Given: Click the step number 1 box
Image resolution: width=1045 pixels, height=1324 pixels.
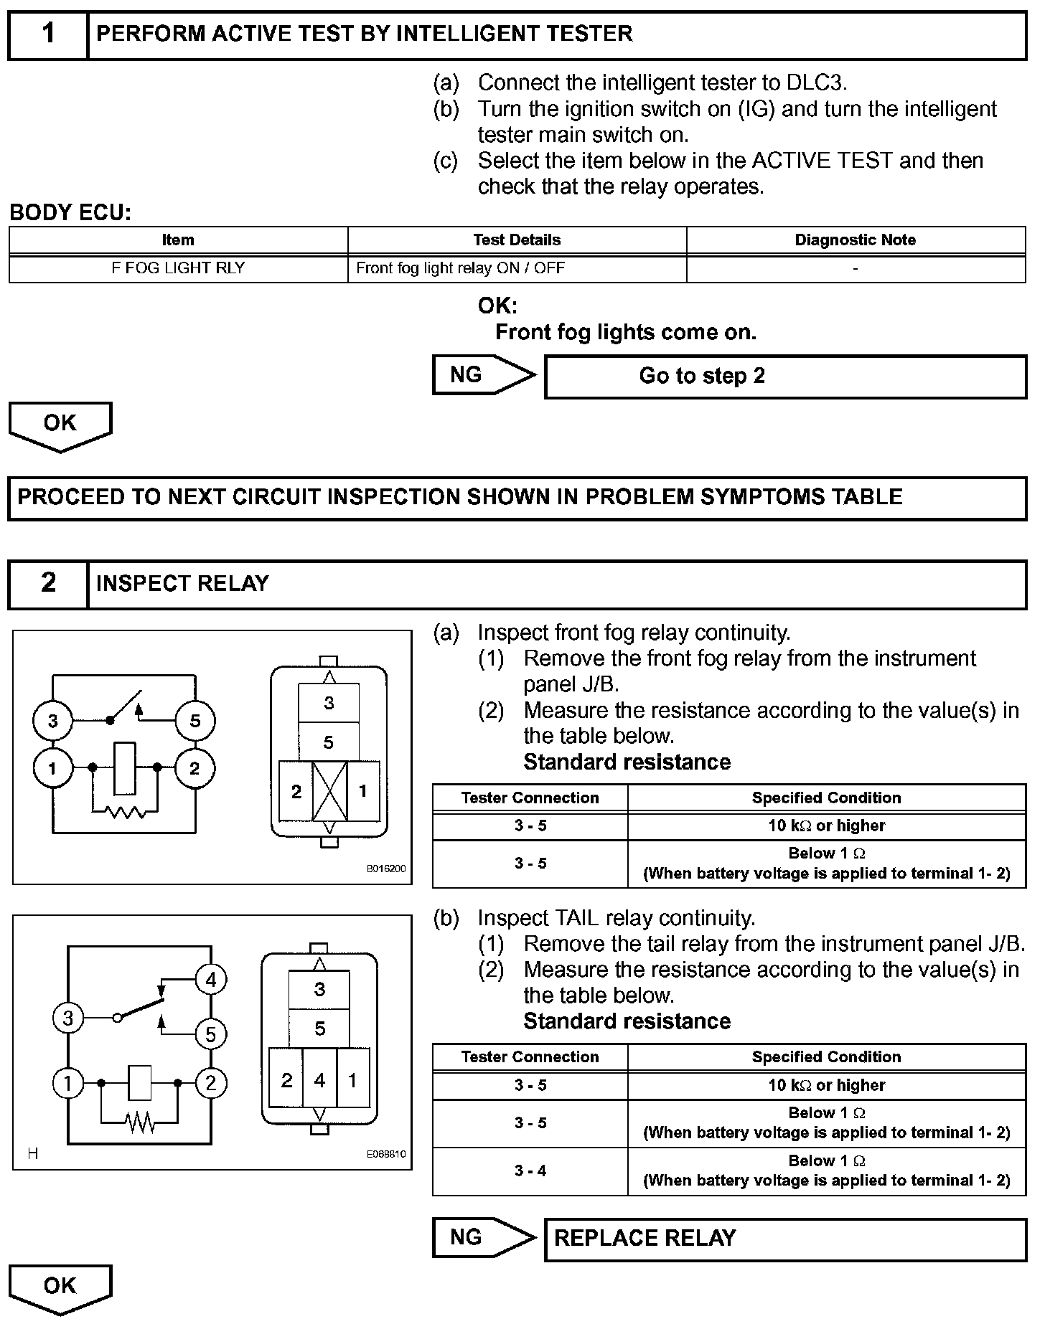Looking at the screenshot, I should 48,34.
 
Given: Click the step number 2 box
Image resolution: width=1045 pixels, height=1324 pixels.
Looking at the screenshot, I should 48,584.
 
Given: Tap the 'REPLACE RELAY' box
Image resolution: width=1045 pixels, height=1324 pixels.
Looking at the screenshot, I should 785,1239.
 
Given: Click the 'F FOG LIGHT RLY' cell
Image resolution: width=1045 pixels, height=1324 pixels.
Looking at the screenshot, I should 178,268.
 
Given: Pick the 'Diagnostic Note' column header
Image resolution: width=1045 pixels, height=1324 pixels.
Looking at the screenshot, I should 855,240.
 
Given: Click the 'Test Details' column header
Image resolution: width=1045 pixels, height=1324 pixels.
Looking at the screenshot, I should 517,240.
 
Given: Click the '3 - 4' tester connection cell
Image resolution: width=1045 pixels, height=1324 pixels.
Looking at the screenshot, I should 530,1171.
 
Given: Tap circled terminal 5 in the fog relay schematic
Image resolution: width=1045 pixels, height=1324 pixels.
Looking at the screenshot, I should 195,721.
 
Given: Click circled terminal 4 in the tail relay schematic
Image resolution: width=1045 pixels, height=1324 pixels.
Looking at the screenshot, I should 210,980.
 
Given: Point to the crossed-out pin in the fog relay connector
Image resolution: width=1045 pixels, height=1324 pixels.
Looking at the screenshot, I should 329,791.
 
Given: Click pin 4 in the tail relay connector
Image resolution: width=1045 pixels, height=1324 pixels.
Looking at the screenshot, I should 319,1080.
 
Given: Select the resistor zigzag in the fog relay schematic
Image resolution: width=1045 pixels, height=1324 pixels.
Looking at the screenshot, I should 125,812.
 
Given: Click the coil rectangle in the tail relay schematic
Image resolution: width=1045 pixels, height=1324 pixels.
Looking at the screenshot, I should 139,1082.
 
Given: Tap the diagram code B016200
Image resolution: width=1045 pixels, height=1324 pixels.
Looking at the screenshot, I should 386,869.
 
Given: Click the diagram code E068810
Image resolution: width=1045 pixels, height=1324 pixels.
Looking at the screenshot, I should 386,1154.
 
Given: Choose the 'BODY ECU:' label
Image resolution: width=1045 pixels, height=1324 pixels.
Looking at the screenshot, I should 70,213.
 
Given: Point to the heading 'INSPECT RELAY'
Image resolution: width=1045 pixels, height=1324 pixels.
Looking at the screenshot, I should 182,584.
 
